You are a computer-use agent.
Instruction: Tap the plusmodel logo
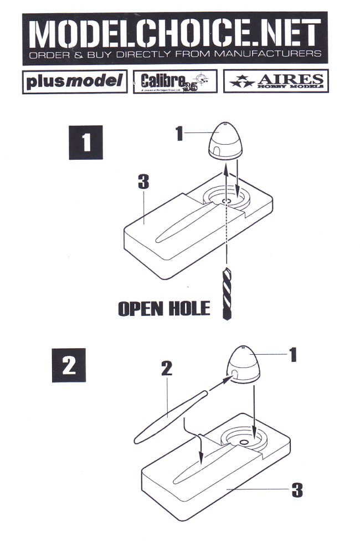[74, 81]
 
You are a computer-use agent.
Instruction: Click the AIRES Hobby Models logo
[276, 81]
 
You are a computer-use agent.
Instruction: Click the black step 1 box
[86, 143]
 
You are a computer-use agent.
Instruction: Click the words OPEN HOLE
[164, 308]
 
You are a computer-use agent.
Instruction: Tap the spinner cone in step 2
[245, 365]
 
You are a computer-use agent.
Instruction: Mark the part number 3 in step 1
[143, 183]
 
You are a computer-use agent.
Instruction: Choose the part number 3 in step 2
[297, 489]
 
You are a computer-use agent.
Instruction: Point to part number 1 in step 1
[179, 133]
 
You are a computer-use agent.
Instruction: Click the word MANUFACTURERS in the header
[275, 55]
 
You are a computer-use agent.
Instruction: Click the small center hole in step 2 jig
[244, 442]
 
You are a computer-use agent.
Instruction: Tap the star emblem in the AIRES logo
[240, 81]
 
